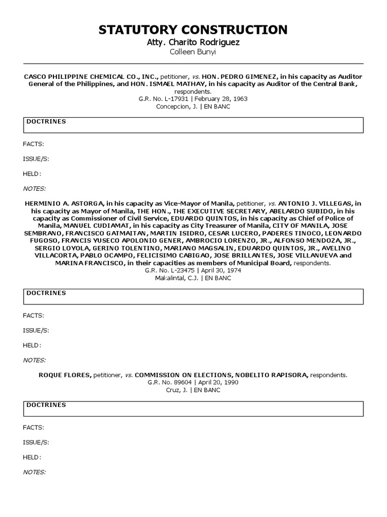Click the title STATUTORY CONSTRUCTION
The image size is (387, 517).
pyautogui.click(x=193, y=30)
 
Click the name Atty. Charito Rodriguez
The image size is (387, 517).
pyautogui.click(x=193, y=42)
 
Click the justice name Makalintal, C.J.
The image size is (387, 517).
pyautogui.click(x=176, y=278)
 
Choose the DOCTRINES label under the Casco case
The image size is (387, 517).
pyautogui.click(x=46, y=122)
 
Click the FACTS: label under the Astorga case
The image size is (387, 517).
pyautogui.click(x=33, y=316)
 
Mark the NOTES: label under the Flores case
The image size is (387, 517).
pyautogui.click(x=34, y=472)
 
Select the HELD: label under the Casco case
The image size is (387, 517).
pyautogui.click(x=32, y=174)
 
